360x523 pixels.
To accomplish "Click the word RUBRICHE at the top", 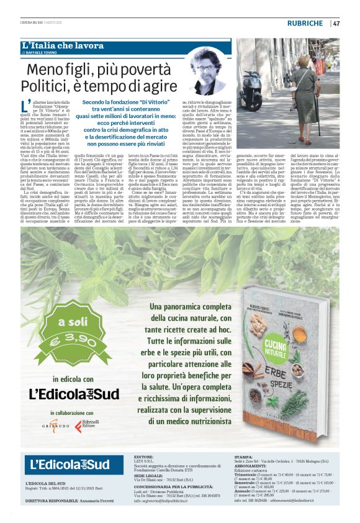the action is tap(305, 24).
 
